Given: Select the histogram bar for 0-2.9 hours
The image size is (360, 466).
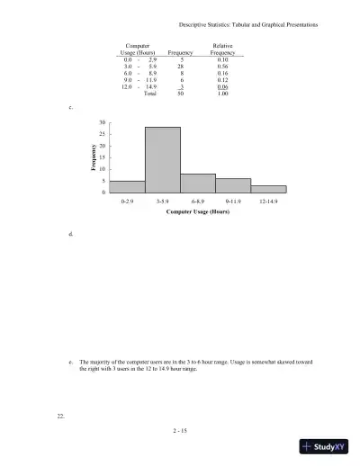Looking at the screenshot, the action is [127, 187].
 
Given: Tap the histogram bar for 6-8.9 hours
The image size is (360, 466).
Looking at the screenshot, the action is [198, 184].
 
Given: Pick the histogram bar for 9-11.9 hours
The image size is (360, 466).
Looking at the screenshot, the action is [233, 185].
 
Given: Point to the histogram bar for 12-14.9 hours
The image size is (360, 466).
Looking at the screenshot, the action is [268, 189].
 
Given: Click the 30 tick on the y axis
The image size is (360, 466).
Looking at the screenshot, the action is [103, 122].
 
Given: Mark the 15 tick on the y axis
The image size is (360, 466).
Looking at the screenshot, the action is [103, 157].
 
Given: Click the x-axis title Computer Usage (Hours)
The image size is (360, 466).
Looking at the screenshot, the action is [198, 214].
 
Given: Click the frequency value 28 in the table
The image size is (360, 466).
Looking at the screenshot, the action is [181, 66].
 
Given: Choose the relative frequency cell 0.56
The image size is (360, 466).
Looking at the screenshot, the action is [221, 66].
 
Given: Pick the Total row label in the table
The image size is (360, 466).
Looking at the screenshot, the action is [151, 92].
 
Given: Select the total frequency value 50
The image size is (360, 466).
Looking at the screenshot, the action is [181, 92].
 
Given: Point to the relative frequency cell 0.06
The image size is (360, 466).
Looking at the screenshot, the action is [221, 85].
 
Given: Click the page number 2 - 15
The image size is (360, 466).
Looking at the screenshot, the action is [180, 432].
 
